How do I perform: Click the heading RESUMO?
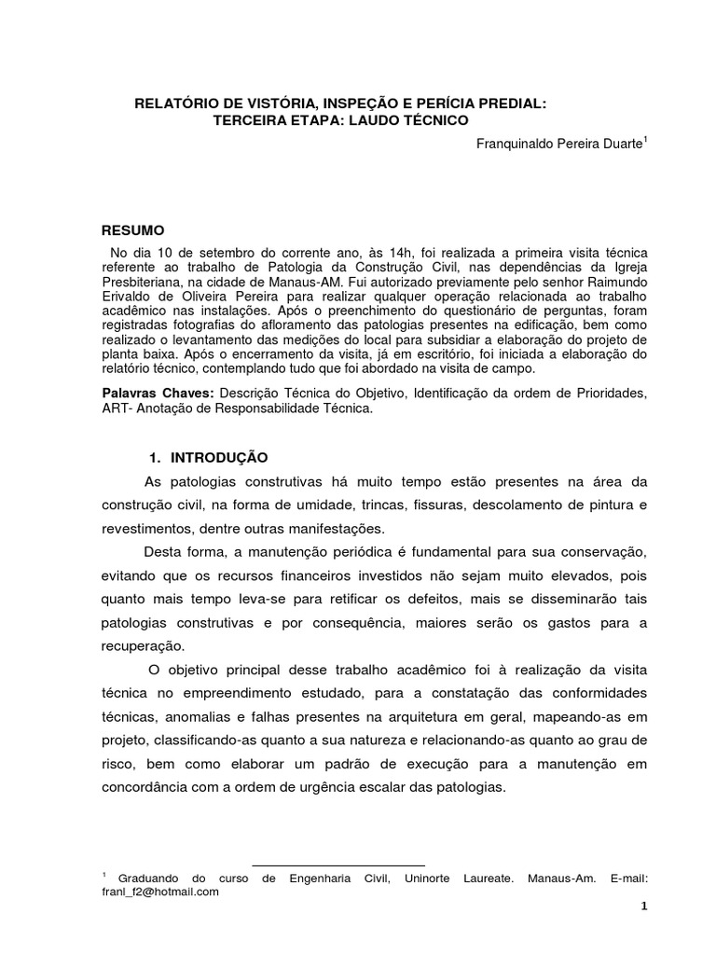[132, 229]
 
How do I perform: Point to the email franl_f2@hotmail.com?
[159, 892]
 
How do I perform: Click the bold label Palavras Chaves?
[158, 394]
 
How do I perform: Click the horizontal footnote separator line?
[338, 865]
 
